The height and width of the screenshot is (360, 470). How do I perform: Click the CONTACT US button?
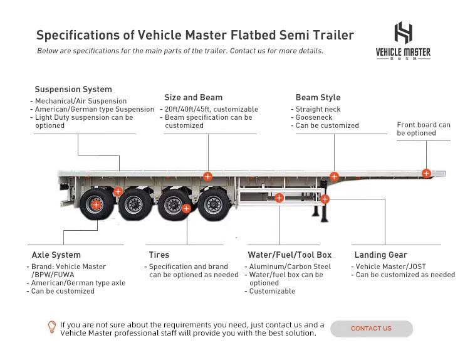(x=372, y=329)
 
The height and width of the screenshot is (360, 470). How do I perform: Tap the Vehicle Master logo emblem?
(x=403, y=33)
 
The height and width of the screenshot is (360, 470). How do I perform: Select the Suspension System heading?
(x=73, y=90)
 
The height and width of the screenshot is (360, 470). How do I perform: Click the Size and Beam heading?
(x=194, y=97)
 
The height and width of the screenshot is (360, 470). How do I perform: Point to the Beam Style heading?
(x=318, y=97)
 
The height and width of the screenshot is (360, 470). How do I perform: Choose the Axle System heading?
(x=56, y=255)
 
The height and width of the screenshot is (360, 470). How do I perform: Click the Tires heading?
(x=159, y=255)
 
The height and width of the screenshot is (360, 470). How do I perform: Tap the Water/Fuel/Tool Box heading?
(x=290, y=255)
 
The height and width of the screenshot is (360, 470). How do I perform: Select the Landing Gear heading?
(x=380, y=255)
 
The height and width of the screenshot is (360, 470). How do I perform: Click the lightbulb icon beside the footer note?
(x=52, y=327)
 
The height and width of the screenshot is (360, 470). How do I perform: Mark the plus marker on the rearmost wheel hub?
(x=96, y=205)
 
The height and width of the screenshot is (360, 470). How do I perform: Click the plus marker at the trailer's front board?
(x=426, y=173)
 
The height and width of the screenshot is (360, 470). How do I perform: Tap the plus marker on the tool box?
(x=279, y=198)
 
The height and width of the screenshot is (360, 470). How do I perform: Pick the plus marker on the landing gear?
(x=325, y=199)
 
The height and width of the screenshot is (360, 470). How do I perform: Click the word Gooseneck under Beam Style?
(x=314, y=117)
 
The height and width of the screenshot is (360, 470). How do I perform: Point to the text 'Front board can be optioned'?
(x=424, y=129)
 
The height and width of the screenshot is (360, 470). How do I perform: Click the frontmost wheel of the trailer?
(x=214, y=204)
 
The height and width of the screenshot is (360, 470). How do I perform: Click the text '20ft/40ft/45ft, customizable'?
(x=211, y=109)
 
